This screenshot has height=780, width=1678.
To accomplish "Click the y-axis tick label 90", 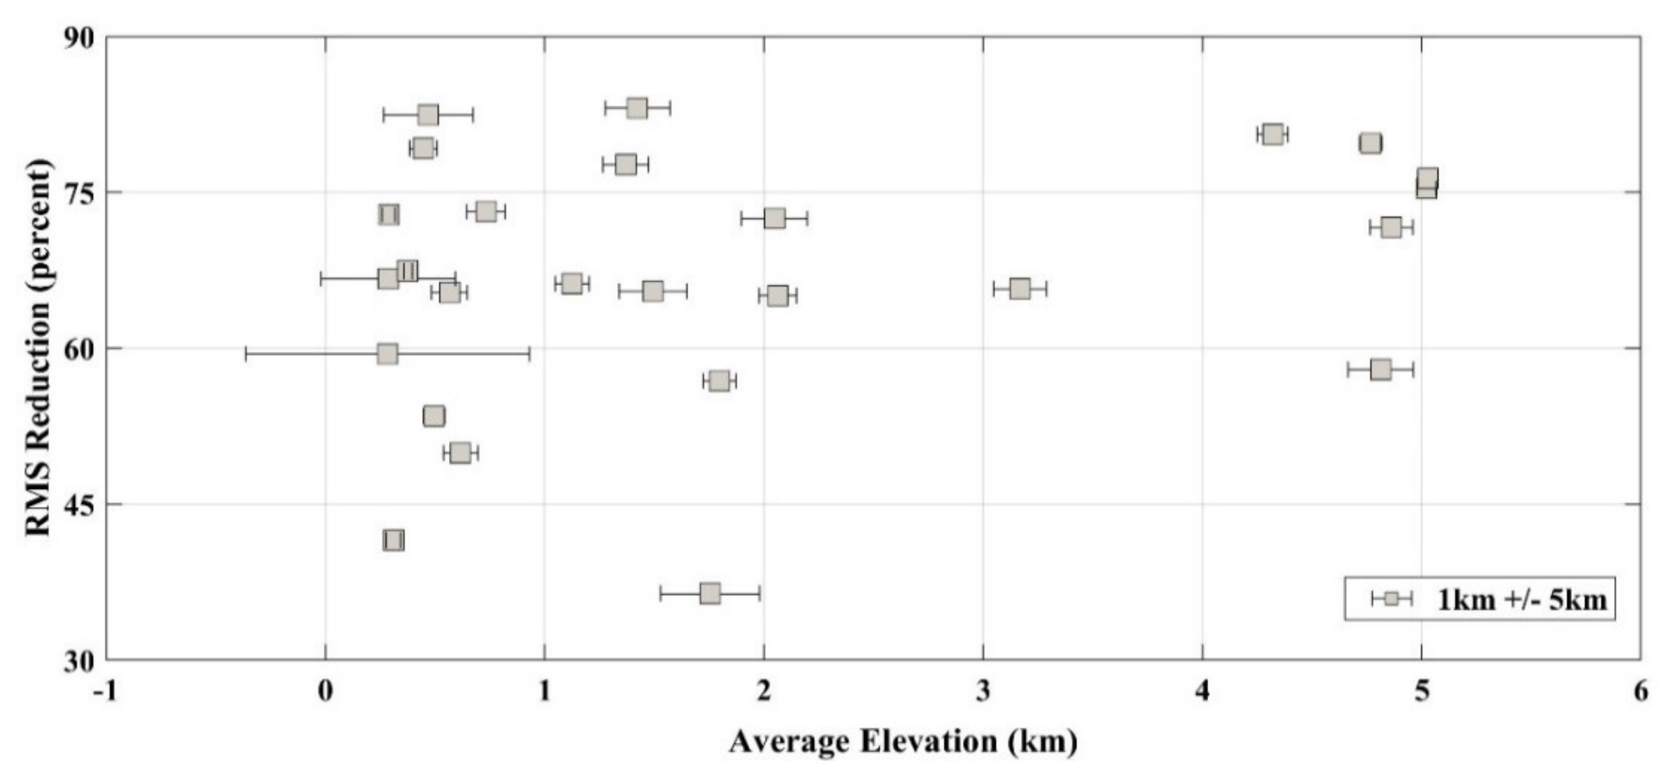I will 78,38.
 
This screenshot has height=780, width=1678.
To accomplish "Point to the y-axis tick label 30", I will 78,661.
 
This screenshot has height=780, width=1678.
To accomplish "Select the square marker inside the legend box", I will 1391,599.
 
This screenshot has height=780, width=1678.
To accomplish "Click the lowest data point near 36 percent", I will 710,594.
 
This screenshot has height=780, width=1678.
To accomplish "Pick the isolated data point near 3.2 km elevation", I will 1020,288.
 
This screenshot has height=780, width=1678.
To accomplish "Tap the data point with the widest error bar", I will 388,354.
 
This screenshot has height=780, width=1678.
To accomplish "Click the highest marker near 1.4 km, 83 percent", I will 637,108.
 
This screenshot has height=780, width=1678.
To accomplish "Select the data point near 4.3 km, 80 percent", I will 1273,135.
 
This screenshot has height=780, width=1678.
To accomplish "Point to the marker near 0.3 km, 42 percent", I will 393,540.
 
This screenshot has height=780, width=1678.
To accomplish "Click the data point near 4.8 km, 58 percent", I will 1380,369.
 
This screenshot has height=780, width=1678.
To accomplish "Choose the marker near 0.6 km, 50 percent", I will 460,453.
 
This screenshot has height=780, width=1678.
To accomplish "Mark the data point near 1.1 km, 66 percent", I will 572,283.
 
